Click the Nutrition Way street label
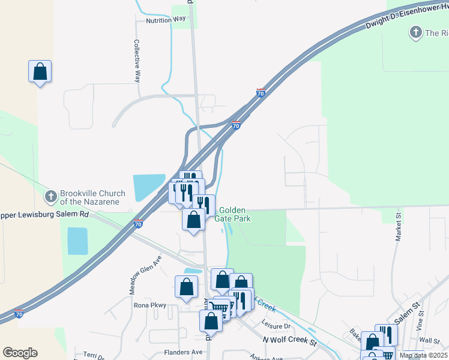166,20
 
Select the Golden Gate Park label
234,214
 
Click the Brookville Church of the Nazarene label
92,197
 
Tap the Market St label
399,227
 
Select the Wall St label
426,340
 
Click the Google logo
20,353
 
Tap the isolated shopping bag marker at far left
40,71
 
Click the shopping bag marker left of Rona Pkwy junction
186,287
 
